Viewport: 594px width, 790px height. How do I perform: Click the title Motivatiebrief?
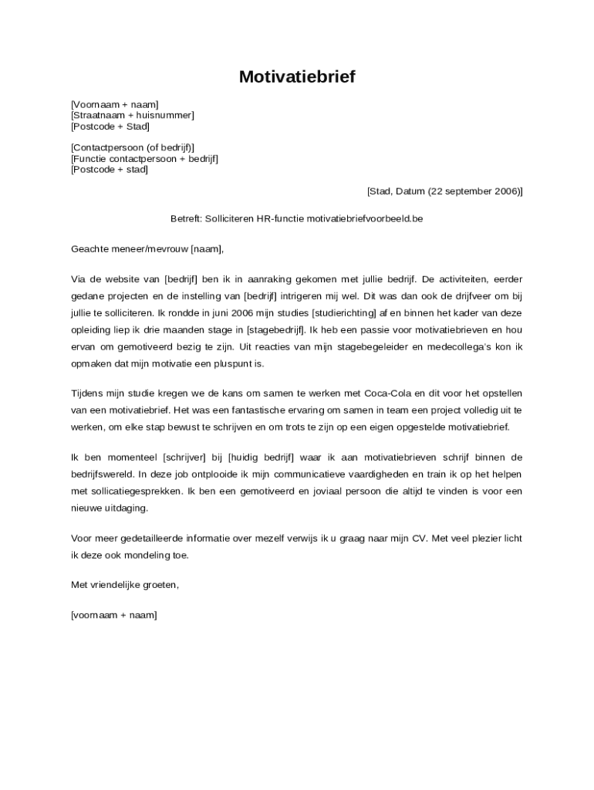coord(297,76)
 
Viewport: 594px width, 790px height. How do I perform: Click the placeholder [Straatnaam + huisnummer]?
coord(132,115)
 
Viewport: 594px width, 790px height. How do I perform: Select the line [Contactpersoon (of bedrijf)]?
coord(132,147)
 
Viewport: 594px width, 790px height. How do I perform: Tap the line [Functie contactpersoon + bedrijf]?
coord(144,158)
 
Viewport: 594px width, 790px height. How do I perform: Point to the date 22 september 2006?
coord(474,191)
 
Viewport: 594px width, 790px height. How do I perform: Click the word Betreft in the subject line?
coord(185,218)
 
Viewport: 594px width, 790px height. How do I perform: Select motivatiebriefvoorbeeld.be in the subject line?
coord(365,218)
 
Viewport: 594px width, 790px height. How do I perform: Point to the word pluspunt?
coord(243,363)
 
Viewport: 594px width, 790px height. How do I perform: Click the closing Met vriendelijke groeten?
coord(125,585)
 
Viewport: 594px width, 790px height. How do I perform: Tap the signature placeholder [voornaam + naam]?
coord(113,615)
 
